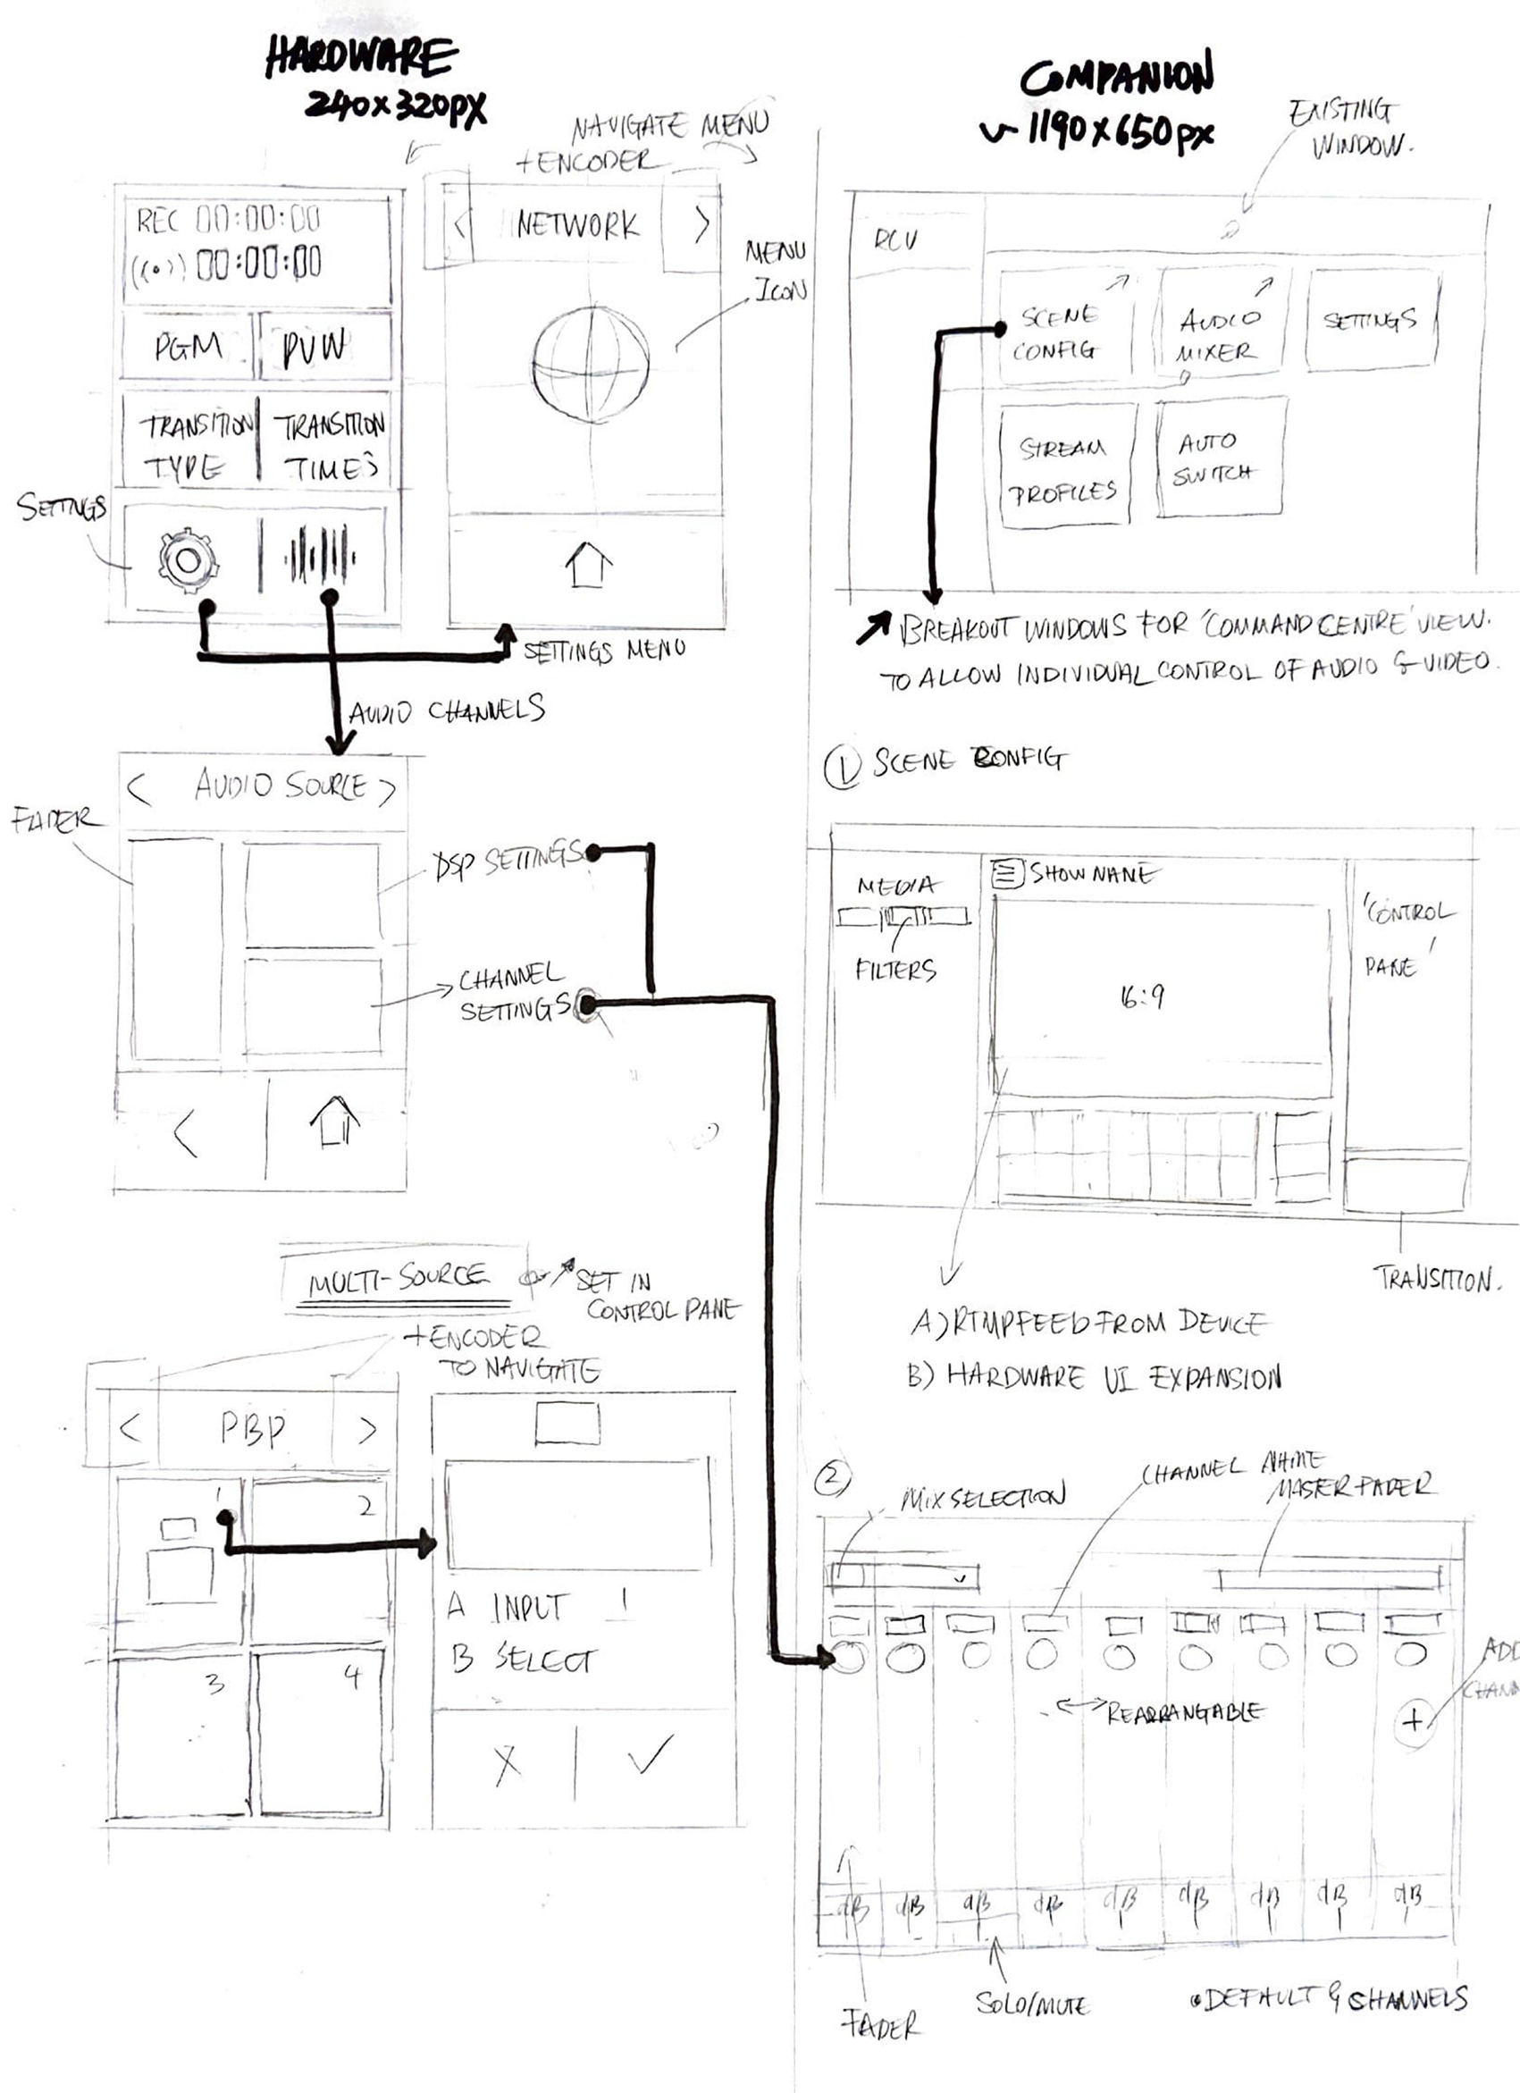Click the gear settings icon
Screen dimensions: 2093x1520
(x=188, y=560)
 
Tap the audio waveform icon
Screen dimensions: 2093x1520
(x=319, y=558)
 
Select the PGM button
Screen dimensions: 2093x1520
(x=189, y=346)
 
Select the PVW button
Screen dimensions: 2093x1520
(x=315, y=347)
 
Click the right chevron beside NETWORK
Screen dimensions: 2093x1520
(x=701, y=223)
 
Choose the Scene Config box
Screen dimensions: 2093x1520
(x=1062, y=332)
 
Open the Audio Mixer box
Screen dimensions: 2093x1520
(x=1218, y=333)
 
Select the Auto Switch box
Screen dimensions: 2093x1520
(x=1216, y=458)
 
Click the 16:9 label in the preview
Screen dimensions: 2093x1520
(x=1141, y=996)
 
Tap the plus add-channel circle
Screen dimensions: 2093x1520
(x=1412, y=1719)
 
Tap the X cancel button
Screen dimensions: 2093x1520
(x=507, y=1763)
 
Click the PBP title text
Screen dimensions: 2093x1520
(x=252, y=1430)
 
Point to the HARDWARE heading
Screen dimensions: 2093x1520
(x=361, y=58)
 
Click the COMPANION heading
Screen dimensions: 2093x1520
(x=1117, y=78)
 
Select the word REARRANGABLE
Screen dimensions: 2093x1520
(x=1185, y=1714)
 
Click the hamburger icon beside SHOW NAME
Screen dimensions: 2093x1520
(x=1007, y=873)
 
